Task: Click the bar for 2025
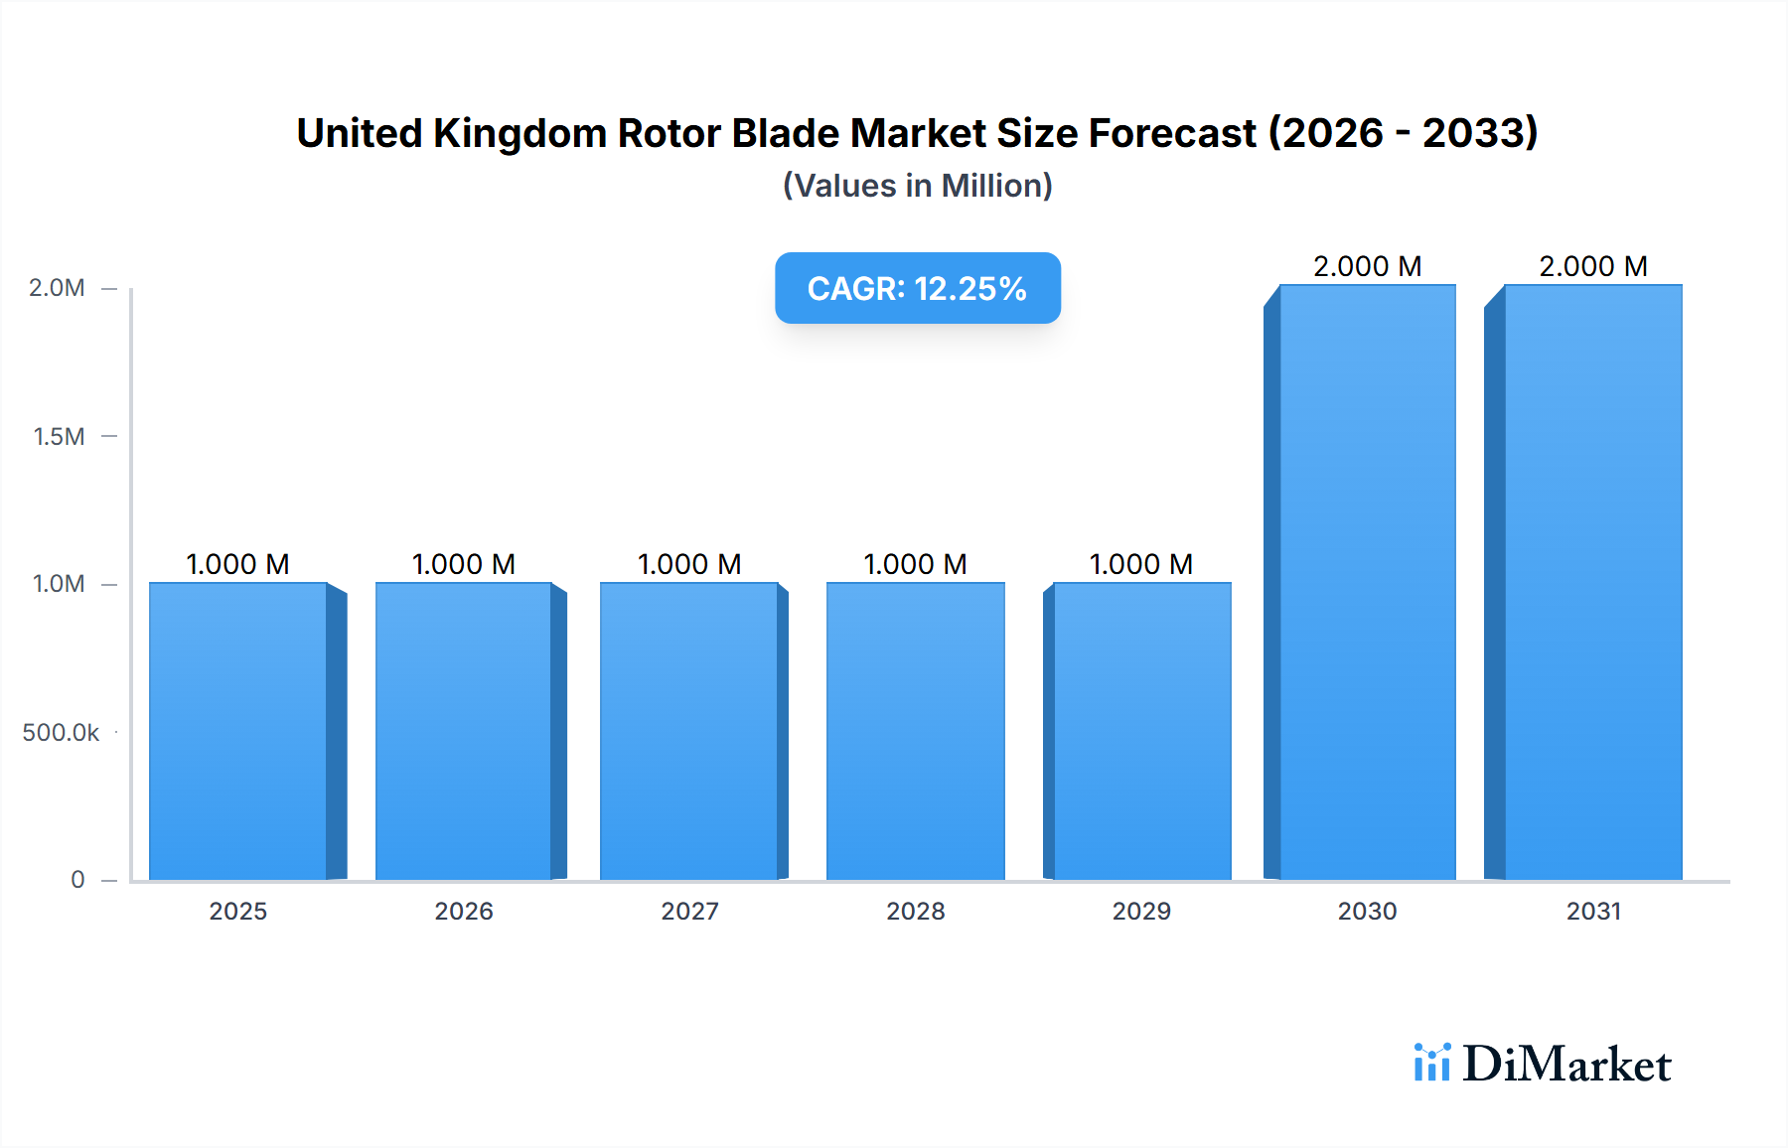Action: tap(238, 731)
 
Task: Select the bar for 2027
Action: tap(689, 731)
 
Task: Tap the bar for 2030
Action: tap(1367, 582)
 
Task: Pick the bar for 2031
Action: tap(1592, 582)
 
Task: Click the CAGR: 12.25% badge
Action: tap(917, 288)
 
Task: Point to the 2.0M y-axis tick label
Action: tap(57, 288)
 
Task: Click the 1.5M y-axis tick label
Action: tap(59, 436)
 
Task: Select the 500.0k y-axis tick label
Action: tap(61, 733)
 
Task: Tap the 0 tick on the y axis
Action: tap(77, 880)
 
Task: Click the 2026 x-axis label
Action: tap(464, 912)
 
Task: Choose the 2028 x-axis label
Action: tap(915, 912)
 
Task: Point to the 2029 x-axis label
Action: tap(1141, 912)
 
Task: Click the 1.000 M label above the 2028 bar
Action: tap(915, 564)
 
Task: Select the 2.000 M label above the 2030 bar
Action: tap(1367, 266)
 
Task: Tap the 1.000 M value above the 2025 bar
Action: tap(238, 564)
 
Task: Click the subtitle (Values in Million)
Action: tap(917, 186)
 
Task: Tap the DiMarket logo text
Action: tap(1566, 1065)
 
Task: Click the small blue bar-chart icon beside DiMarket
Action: tap(1431, 1063)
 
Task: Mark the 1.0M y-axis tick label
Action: tap(59, 584)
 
